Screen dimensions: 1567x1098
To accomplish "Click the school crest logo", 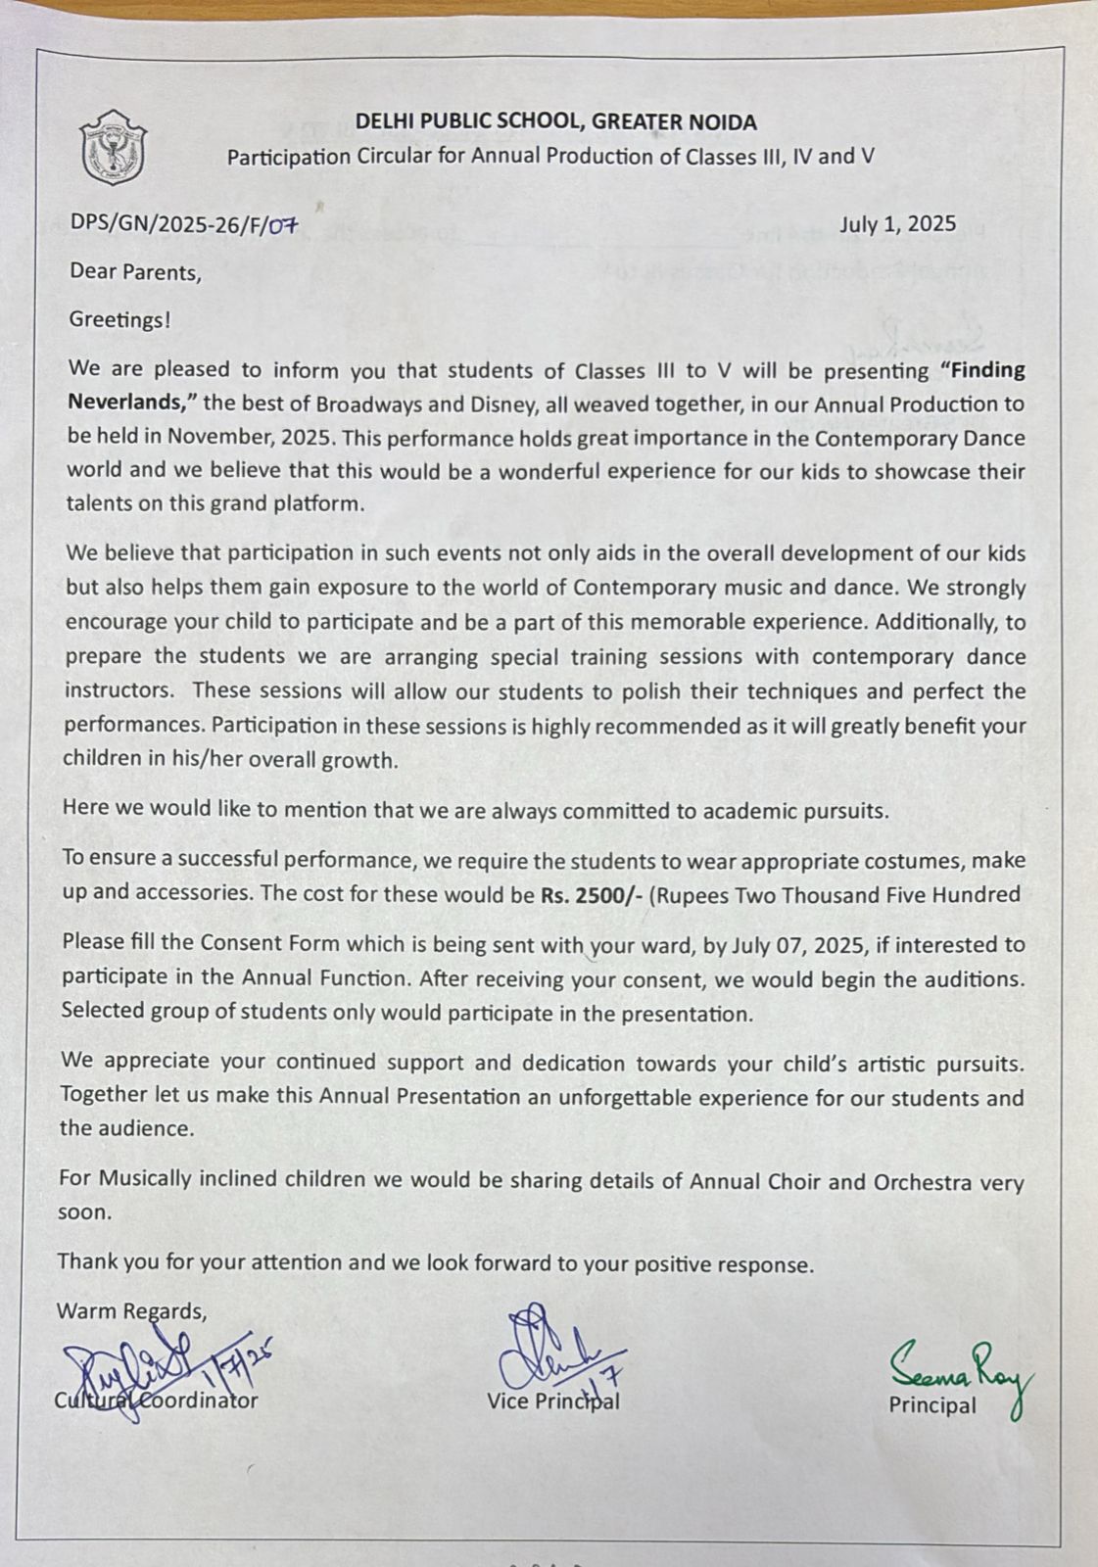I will (113, 148).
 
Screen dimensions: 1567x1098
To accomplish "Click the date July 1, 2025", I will (897, 224).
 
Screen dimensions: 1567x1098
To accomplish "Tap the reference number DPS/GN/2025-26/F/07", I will (182, 224).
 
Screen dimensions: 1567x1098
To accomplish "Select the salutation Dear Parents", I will (135, 272).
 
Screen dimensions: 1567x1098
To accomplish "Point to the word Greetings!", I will (119, 320).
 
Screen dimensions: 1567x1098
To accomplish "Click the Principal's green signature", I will (959, 1366).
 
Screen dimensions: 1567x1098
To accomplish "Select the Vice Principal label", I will (552, 1401).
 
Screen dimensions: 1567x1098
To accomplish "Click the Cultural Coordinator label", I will (156, 1401).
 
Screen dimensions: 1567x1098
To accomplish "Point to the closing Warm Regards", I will (131, 1310).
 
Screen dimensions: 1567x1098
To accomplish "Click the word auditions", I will (972, 978).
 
